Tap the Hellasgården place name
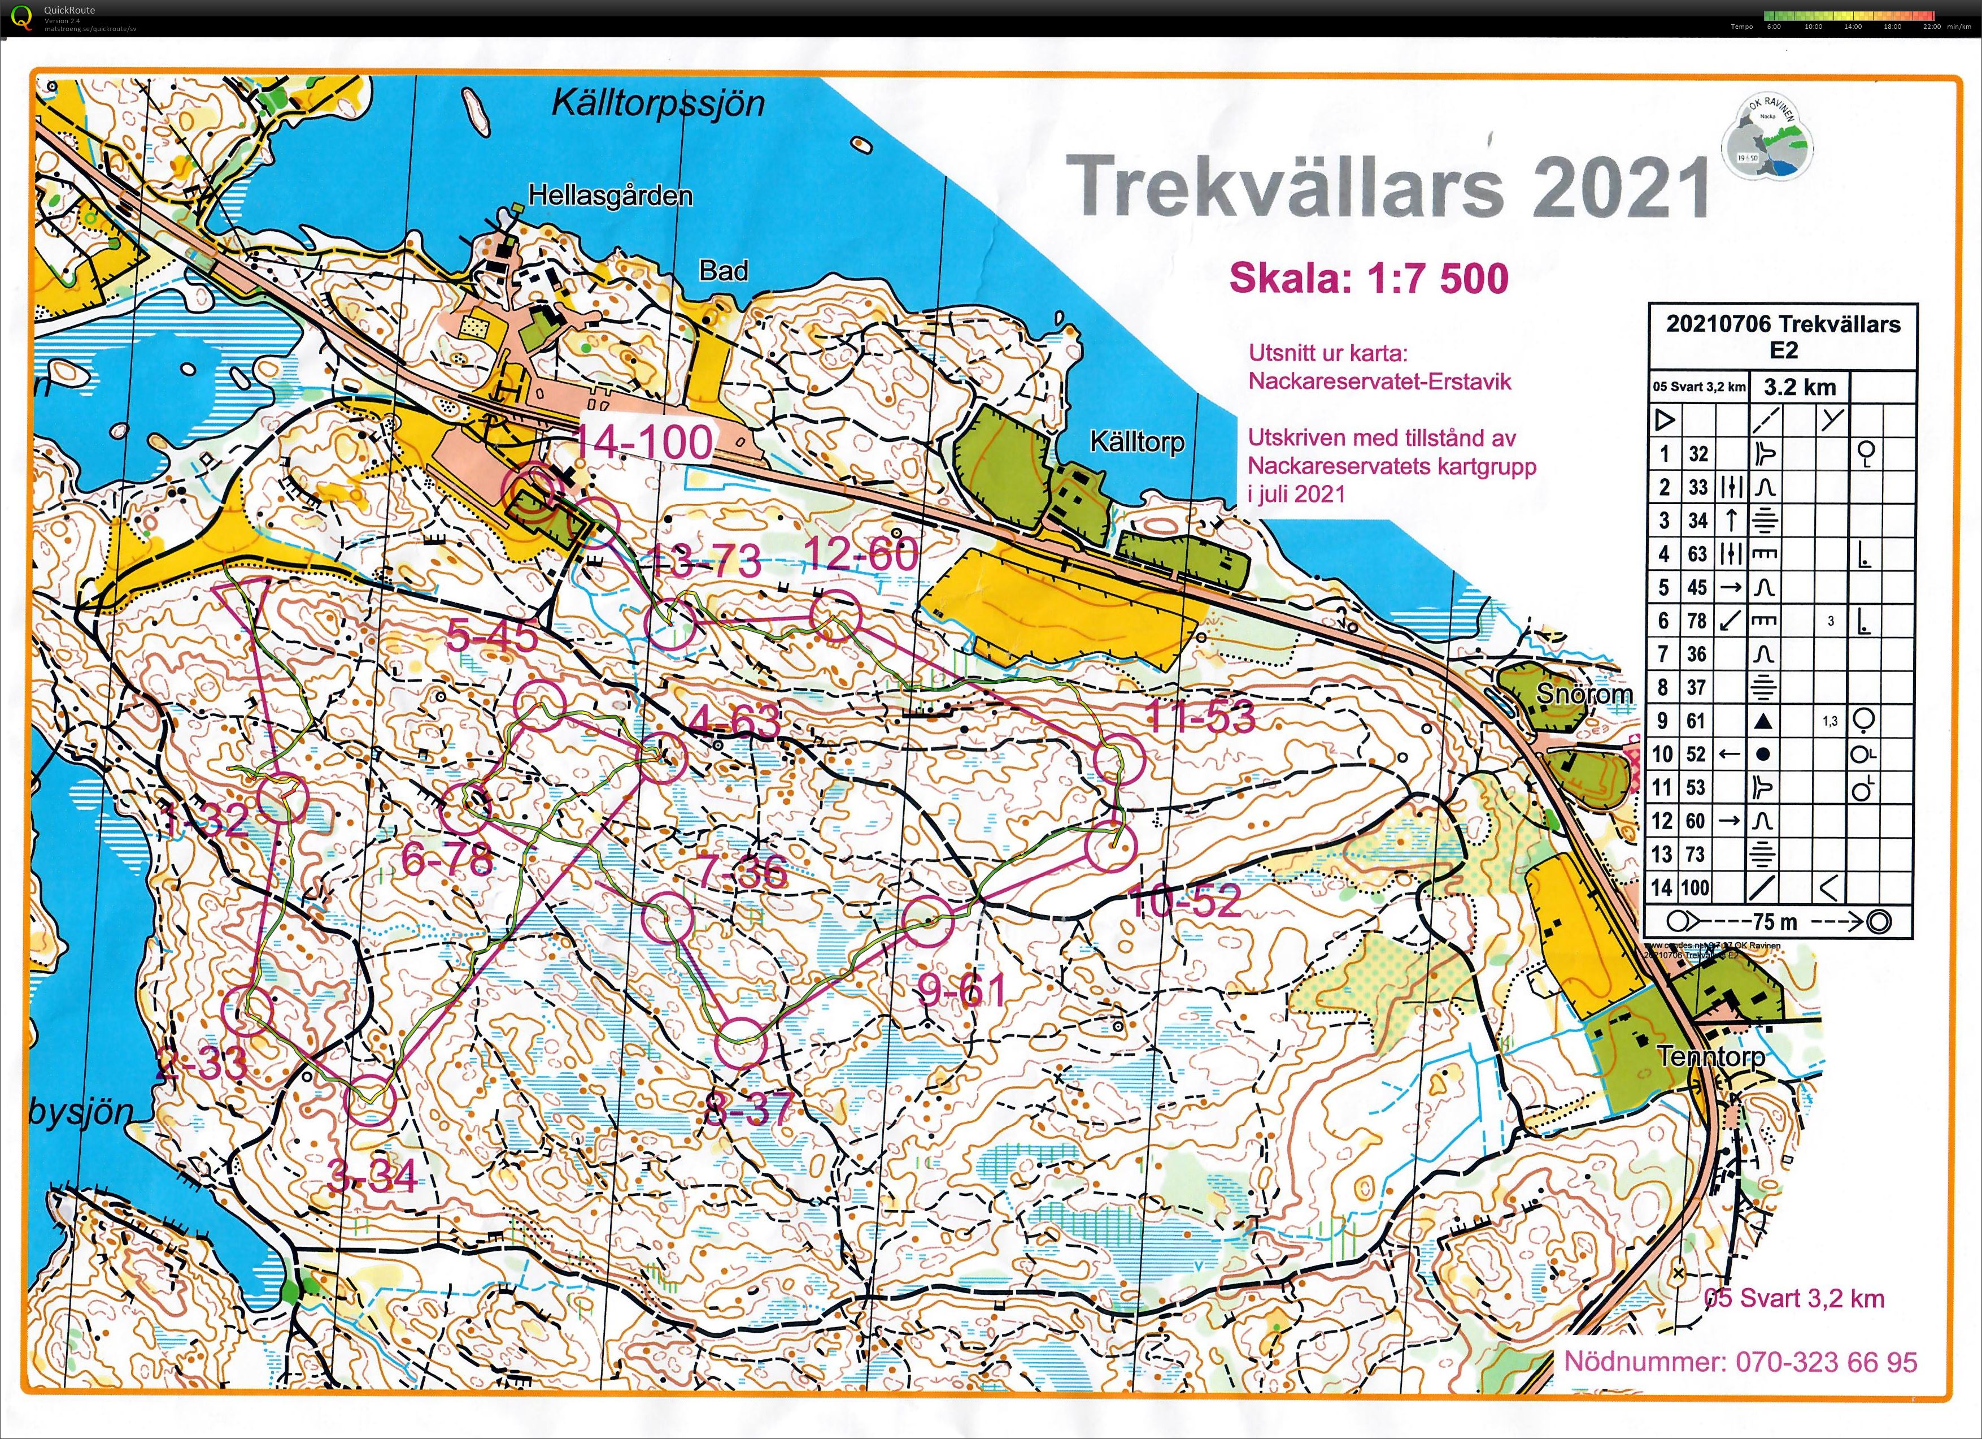click(x=610, y=196)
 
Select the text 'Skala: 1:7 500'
click(x=1369, y=278)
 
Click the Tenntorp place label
click(x=1710, y=1056)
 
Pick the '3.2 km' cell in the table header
click(x=1800, y=387)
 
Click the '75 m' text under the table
click(x=1774, y=921)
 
